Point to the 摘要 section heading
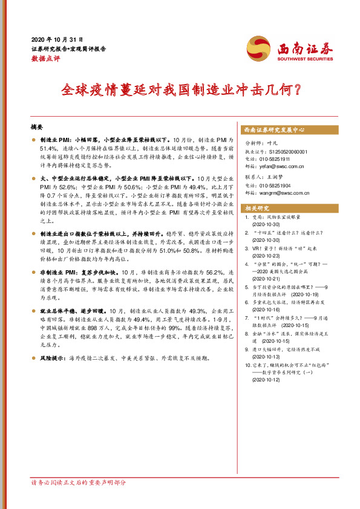[x=37, y=127]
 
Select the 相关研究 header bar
[x=259, y=208]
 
